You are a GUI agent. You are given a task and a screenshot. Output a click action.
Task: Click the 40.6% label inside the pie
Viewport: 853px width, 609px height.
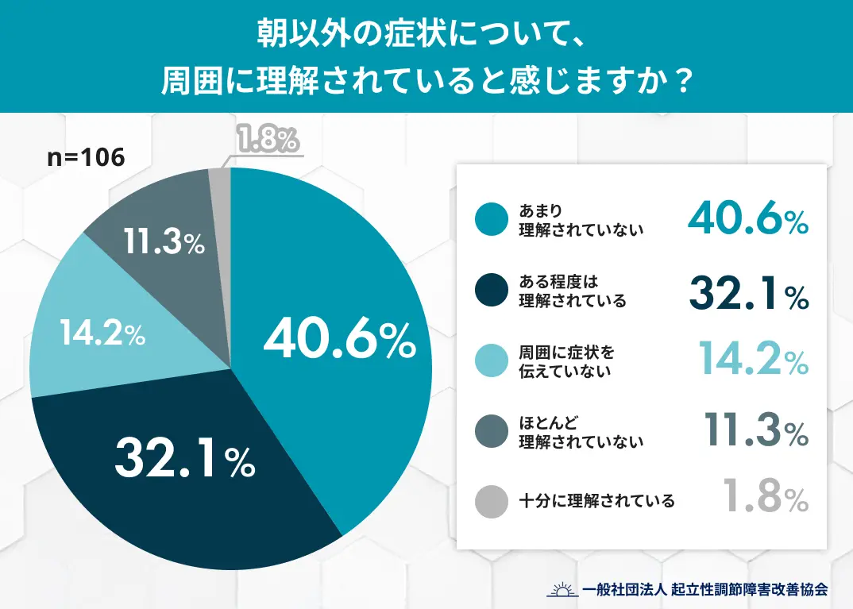[340, 341]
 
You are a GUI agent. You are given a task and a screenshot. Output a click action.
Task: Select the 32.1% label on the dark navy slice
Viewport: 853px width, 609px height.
[185, 461]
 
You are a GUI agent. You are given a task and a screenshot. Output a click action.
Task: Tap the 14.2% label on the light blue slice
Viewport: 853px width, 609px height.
[102, 334]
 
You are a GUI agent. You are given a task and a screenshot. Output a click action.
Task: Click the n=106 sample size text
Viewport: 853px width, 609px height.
[86, 157]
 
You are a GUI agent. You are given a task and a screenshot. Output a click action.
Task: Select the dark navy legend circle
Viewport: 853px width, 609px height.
[491, 291]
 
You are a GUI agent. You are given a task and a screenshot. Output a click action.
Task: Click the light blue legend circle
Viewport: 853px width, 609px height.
[491, 361]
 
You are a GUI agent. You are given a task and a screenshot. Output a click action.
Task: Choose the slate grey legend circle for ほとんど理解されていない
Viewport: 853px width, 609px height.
[491, 432]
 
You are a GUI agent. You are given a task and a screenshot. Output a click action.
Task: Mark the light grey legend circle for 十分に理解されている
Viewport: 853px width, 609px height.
[491, 501]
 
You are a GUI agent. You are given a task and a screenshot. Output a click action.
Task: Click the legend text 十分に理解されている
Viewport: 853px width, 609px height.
[596, 501]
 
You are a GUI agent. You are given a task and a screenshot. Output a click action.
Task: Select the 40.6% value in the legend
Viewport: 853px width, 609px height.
[747, 218]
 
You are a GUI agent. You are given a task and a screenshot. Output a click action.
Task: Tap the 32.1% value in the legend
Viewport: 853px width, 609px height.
[747, 291]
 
